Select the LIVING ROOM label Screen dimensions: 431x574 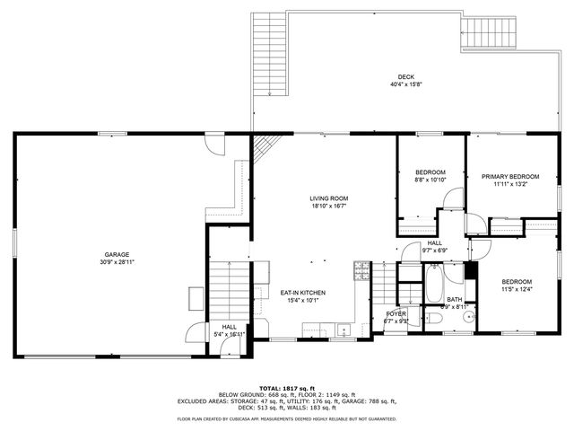pos(328,198)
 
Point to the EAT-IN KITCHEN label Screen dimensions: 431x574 pos(302,293)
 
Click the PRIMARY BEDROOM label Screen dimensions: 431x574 pos(510,176)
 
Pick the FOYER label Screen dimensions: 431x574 pos(396,313)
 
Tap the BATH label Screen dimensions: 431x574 pos(455,300)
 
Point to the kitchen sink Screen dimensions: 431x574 pos(344,332)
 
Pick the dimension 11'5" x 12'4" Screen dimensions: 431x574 pos(517,289)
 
